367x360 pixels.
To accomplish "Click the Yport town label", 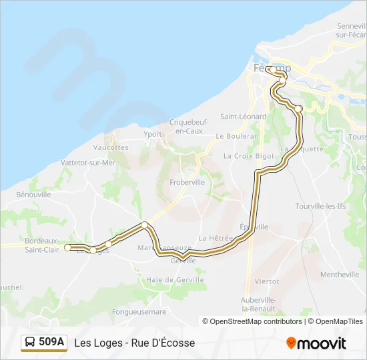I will click(153, 133).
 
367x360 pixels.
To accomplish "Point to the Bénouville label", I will click(33, 195).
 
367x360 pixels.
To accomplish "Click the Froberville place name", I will click(187, 181).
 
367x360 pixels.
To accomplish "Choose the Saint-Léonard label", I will click(244, 117).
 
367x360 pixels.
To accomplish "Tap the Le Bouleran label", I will click(237, 136).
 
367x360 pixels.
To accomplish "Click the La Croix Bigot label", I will click(249, 156).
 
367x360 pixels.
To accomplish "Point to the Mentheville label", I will click(340, 275).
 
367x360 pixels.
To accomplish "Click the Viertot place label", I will click(267, 281).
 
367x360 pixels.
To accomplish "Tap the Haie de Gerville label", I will click(175, 280).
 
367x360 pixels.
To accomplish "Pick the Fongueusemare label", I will click(139, 311).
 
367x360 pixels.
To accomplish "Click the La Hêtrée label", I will click(216, 238).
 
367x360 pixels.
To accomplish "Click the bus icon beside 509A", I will click(30, 343).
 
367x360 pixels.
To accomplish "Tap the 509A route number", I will click(51, 343).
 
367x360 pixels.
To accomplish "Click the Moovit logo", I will click(316, 343).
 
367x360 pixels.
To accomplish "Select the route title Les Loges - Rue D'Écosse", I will click(135, 343).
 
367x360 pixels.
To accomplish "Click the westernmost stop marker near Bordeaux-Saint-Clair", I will click(67, 247).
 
